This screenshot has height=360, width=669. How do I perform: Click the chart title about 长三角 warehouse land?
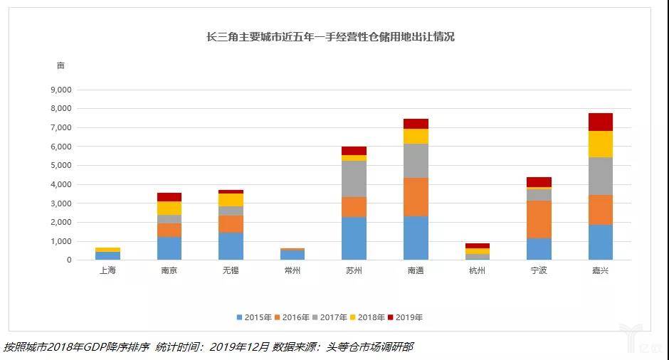pos(330,37)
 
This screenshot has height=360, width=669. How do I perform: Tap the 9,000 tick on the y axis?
pos(60,90)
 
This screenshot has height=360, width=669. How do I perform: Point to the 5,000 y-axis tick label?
pos(60,166)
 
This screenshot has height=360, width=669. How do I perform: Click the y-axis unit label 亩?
pos(60,65)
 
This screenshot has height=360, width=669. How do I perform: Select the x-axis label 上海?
pos(107,271)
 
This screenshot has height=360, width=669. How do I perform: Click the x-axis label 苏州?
pos(354,271)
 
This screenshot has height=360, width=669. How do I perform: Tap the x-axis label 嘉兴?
pos(600,271)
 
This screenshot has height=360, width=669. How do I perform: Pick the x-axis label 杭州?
pos(477,271)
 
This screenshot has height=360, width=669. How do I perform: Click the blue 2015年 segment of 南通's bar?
pos(416,238)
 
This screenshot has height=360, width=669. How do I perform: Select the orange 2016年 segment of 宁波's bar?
pos(539,219)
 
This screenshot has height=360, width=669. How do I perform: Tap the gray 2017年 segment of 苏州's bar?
pos(354,179)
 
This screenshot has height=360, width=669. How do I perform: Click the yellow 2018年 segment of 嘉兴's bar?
pos(600,144)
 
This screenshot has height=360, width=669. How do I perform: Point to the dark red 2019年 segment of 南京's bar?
pos(169,197)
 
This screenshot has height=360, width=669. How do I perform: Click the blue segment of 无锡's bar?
pos(231,246)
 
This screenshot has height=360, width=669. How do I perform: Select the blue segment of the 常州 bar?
pos(293,255)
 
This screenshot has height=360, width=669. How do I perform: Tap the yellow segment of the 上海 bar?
pos(107,250)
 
